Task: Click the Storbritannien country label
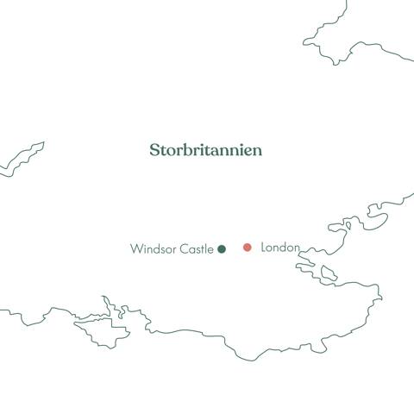click(205, 150)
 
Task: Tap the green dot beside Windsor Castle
click(222, 249)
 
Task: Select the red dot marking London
click(248, 248)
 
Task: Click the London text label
click(279, 248)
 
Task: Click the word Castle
click(196, 249)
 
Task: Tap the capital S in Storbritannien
click(154, 150)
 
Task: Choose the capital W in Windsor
click(136, 249)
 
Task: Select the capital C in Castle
click(183, 249)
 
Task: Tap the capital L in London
click(262, 248)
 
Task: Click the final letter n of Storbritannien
click(257, 151)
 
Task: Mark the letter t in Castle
click(202, 249)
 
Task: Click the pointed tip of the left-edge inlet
click(42, 144)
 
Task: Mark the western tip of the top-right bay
click(304, 42)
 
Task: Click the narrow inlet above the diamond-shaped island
click(106, 304)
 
